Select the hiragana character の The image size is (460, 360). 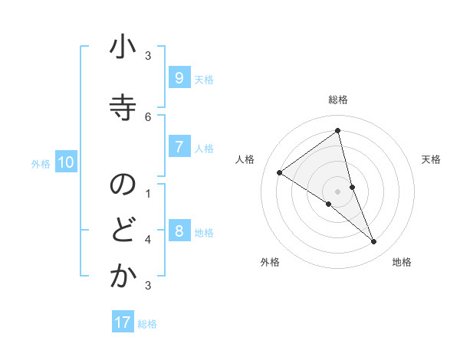(122, 185)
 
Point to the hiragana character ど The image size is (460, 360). (122, 231)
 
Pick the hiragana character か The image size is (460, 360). (122, 277)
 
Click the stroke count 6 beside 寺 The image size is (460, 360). (148, 116)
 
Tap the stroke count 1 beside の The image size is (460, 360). (148, 193)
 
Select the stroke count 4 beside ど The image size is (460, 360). (148, 239)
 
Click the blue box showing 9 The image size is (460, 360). (179, 77)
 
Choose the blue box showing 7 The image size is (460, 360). (179, 146)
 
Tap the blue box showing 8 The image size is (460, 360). (179, 231)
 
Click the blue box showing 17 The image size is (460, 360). (123, 322)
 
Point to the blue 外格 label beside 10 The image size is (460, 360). (41, 163)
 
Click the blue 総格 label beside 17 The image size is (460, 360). (147, 324)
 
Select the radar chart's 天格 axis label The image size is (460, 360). (432, 159)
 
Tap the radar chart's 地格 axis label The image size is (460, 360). (402, 262)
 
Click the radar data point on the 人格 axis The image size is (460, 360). (280, 172)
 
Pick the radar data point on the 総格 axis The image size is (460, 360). (337, 131)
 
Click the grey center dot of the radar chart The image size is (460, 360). (337, 191)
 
